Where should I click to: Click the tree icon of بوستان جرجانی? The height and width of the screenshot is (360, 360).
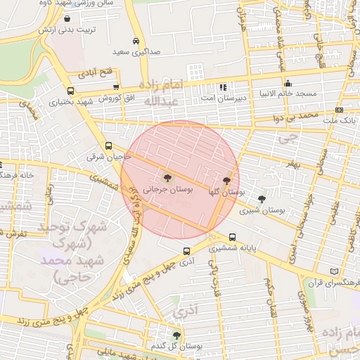click(x=167, y=178)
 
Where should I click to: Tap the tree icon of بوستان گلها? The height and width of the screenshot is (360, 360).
click(x=226, y=181)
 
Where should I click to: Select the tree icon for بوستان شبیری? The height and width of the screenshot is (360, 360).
click(x=262, y=199)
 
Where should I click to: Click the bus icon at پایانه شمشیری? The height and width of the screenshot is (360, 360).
click(x=232, y=237)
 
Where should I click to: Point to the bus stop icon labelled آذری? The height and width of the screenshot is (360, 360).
click(x=186, y=251)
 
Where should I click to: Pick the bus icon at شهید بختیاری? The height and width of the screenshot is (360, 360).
click(x=70, y=91)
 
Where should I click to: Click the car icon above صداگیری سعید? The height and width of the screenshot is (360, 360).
click(x=136, y=41)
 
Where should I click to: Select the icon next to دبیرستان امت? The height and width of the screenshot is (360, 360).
click(x=223, y=88)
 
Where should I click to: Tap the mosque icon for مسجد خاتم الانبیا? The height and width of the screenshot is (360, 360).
click(x=288, y=84)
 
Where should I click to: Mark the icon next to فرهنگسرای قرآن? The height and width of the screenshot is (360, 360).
click(x=333, y=271)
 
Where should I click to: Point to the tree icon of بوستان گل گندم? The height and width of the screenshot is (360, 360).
click(x=176, y=335)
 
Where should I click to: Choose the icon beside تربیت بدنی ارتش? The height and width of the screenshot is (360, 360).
click(x=67, y=18)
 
